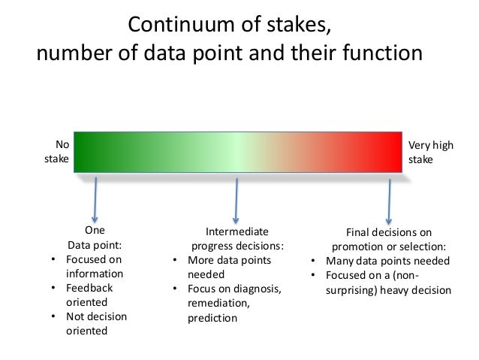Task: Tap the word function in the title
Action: click(380, 55)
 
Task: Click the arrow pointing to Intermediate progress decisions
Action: click(237, 198)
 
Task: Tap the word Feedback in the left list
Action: click(89, 288)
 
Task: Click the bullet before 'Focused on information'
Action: click(52, 259)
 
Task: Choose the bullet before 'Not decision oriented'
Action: click(52, 316)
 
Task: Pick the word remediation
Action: click(218, 303)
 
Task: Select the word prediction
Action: click(212, 317)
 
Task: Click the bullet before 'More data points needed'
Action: click(174, 260)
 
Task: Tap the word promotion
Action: click(355, 247)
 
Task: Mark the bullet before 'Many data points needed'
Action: click(312, 262)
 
